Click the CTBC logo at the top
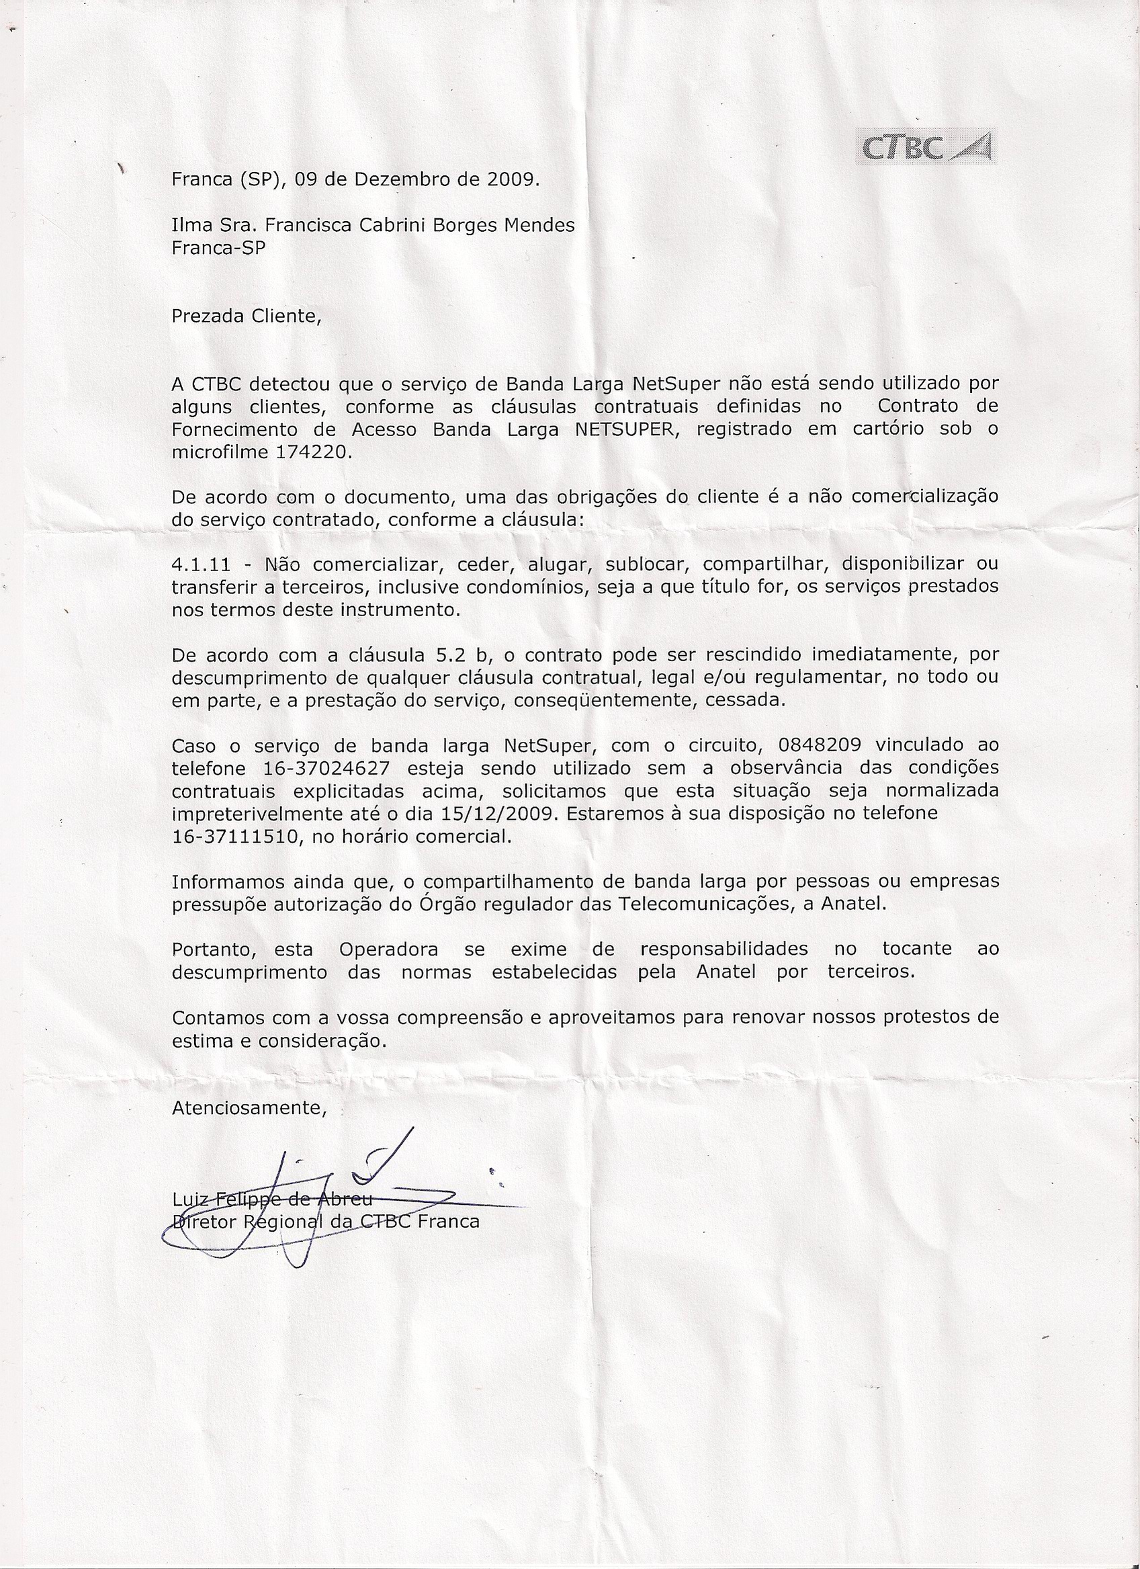(x=926, y=147)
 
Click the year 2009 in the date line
(x=511, y=180)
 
